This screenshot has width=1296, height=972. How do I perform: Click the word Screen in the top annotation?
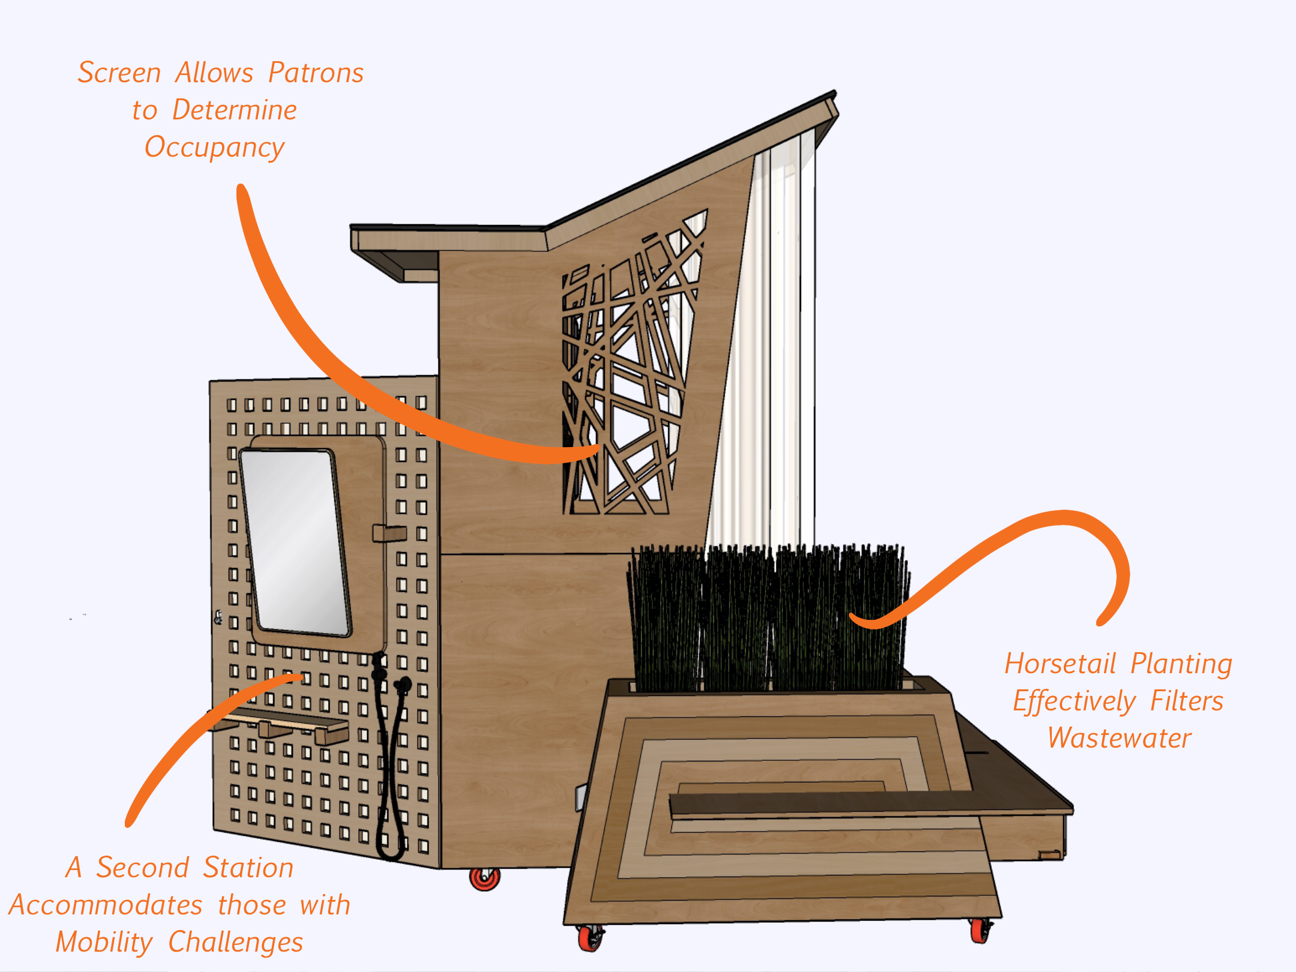coord(119,73)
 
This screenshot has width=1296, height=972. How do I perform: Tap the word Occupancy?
coord(214,148)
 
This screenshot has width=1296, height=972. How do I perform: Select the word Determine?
coord(235,110)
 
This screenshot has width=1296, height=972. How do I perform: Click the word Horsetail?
coord(1060,664)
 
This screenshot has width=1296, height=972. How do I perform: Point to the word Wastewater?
coord(1120,738)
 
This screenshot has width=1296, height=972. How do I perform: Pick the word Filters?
coord(1187,701)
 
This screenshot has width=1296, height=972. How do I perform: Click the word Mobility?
coord(104,943)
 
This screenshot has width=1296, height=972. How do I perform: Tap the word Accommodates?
coord(106,905)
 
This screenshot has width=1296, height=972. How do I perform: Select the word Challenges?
coord(236,943)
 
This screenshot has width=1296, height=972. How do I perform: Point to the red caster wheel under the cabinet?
coord(484,878)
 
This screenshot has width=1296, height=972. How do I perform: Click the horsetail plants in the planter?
coord(768,618)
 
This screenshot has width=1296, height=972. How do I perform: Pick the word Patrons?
coord(316,73)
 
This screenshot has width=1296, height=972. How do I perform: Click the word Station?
coord(248,868)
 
